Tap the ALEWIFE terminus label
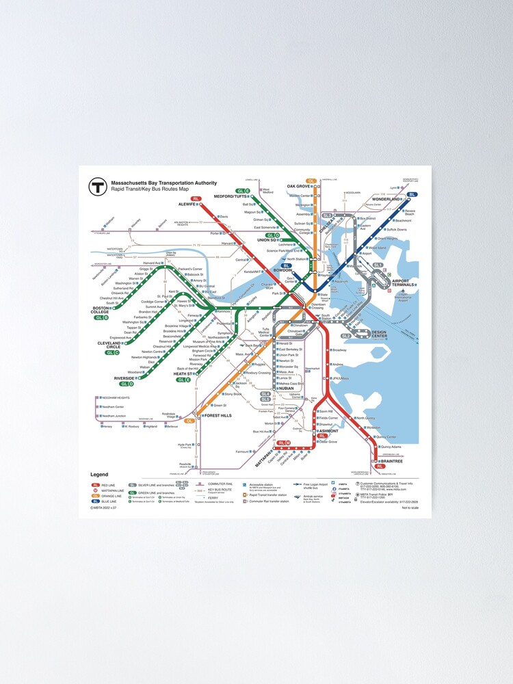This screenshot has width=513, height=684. click(187, 205)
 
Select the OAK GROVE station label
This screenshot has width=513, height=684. click(298, 186)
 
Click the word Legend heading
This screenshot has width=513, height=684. click(99, 475)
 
